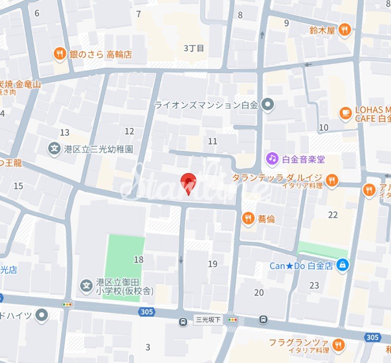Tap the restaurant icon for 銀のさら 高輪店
point(60,54)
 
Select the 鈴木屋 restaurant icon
point(344,30)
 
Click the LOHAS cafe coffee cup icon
point(345,113)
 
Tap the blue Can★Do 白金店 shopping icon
point(342,266)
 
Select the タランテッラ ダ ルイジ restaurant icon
point(332,180)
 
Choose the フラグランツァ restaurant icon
point(338,345)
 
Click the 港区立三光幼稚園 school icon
point(54,148)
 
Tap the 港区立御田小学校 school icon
point(86,286)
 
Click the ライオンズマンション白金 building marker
point(268,104)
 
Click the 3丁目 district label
point(194,48)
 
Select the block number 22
point(333,215)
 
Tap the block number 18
point(138,260)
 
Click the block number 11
point(212,141)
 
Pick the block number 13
point(65,132)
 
